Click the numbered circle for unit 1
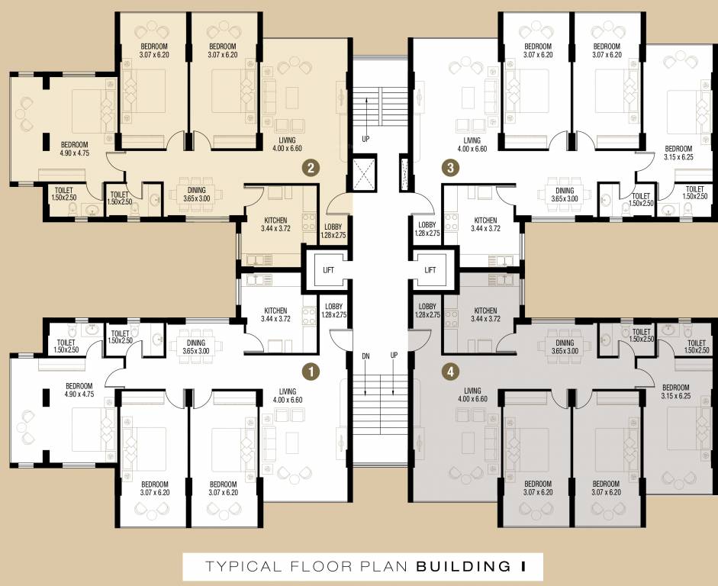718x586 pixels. [311, 372]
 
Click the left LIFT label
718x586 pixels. [327, 270]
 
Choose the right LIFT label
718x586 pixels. [430, 270]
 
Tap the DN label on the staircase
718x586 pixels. [365, 356]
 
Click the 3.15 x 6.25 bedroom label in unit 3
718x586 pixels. [678, 153]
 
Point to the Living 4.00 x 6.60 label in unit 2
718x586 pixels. [288, 144]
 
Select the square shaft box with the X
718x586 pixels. [365, 173]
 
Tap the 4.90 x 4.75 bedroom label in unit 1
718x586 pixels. [79, 391]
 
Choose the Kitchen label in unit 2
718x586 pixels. [275, 224]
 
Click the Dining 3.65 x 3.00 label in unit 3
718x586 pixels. [565, 195]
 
